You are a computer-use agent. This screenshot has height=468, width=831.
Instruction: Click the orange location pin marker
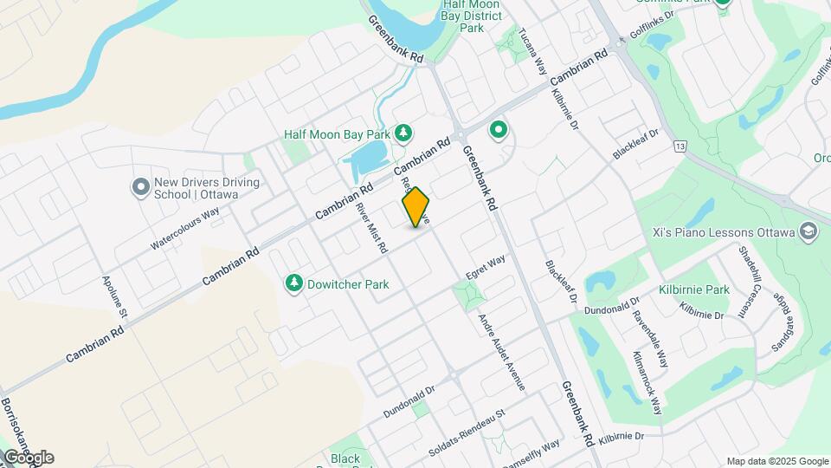click(416, 207)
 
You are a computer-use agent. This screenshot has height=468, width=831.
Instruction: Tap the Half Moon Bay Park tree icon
click(403, 132)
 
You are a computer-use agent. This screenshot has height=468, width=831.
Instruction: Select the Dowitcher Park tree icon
click(294, 283)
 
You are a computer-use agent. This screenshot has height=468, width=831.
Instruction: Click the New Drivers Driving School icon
click(139, 187)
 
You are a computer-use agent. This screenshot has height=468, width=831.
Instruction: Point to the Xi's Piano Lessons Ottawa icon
click(808, 231)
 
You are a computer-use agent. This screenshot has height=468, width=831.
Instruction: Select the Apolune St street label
click(114, 297)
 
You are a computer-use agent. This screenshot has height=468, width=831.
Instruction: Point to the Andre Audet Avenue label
click(502, 351)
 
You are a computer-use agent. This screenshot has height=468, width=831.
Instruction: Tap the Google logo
click(28, 458)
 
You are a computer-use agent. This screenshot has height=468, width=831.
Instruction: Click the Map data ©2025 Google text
click(776, 461)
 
